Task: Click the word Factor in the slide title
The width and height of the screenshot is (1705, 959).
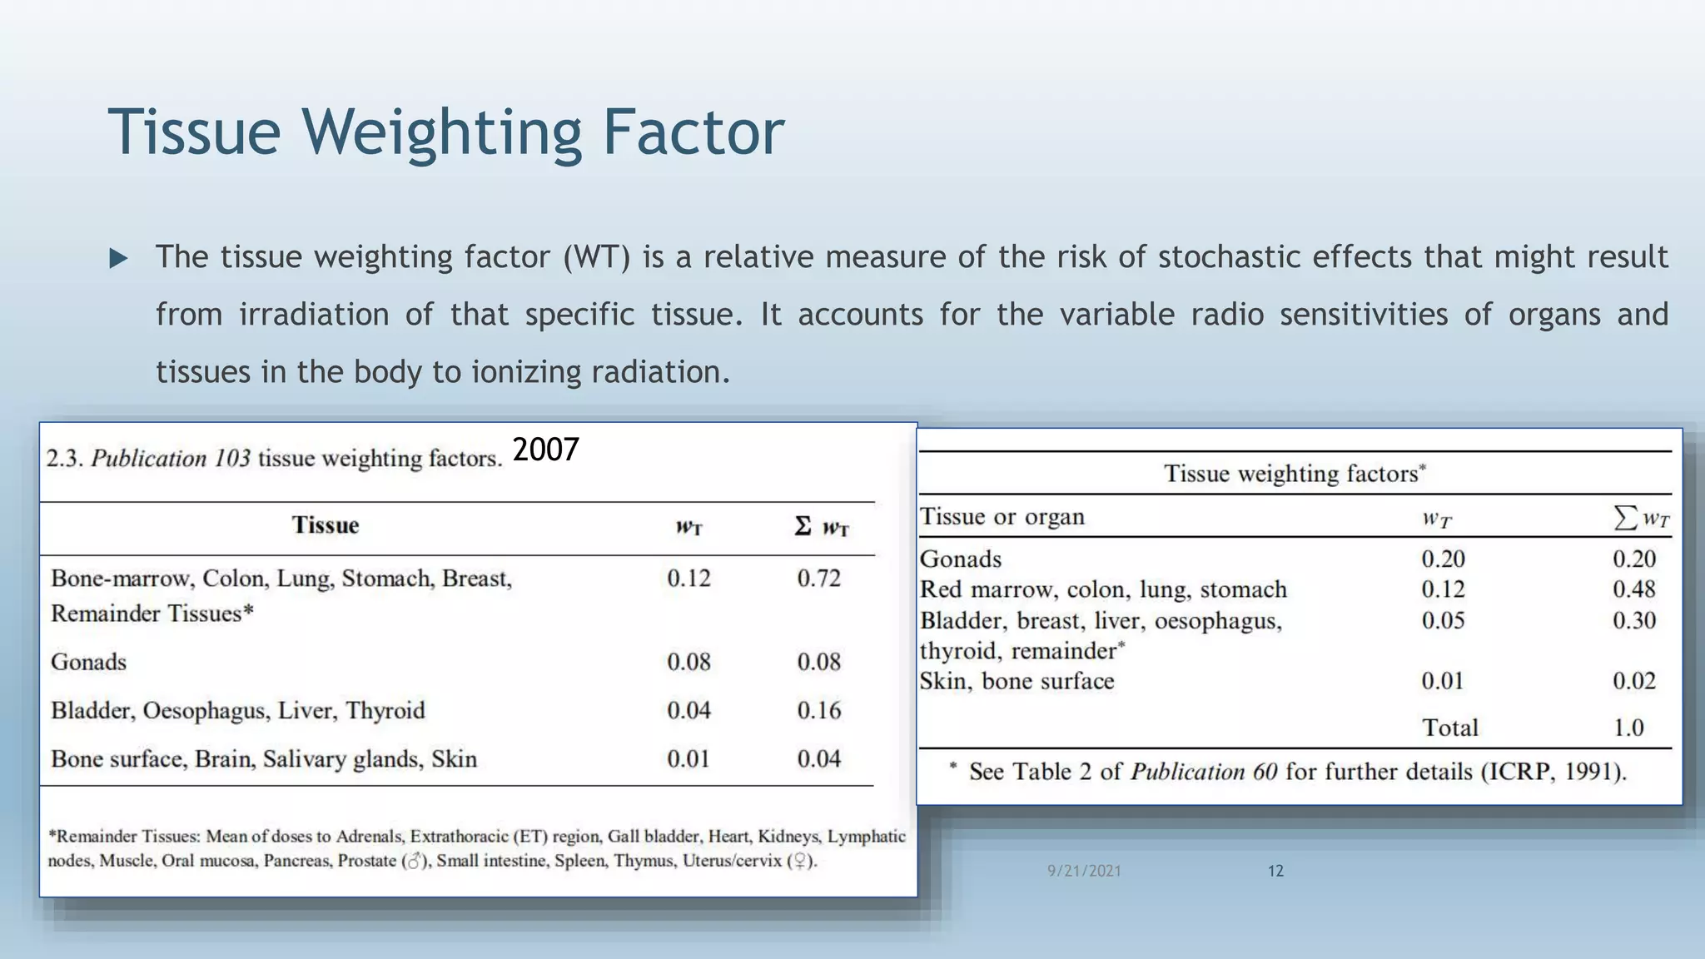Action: coord(693,132)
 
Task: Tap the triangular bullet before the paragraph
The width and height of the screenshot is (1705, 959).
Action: coord(118,259)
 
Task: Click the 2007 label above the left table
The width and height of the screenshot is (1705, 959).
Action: coord(545,450)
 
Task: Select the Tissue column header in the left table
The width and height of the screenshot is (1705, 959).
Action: coord(325,525)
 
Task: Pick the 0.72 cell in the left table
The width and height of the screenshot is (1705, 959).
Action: coord(818,579)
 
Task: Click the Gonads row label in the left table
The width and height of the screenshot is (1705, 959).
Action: coord(88,663)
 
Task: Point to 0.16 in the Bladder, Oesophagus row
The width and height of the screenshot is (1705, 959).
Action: coord(818,711)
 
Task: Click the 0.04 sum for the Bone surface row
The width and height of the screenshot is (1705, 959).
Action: coord(818,759)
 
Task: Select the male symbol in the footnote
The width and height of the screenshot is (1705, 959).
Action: coord(412,862)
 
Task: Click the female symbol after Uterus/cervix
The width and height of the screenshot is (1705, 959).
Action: coord(800,862)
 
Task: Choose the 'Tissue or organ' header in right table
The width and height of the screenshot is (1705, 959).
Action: coord(1002,517)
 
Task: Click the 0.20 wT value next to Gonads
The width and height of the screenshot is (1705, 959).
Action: coord(1443,559)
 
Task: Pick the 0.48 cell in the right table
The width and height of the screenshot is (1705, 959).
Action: coord(1633,589)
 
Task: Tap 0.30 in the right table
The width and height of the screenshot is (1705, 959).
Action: coord(1633,621)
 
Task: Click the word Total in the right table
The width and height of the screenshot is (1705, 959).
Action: coord(1449,728)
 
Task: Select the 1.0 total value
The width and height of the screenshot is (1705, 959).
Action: coord(1628,728)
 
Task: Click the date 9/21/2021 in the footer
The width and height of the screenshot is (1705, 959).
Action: coord(1084,871)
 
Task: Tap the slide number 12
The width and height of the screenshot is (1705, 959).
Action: coord(1275,871)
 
